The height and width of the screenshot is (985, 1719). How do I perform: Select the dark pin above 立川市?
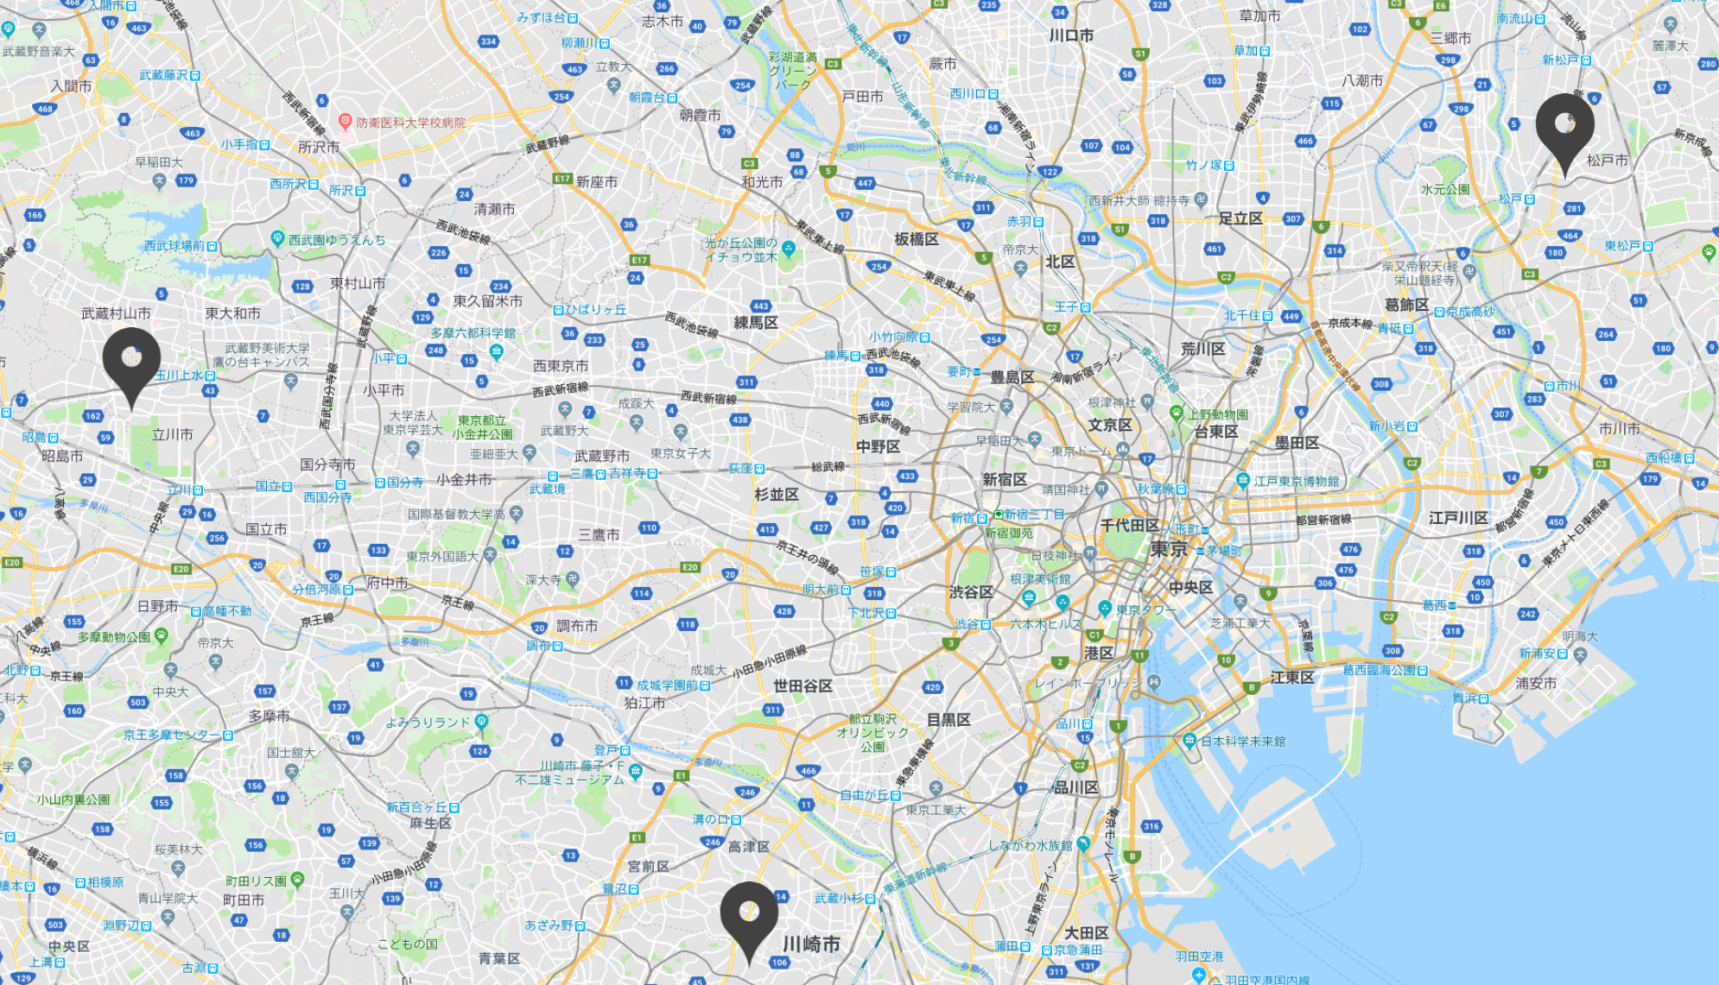131,360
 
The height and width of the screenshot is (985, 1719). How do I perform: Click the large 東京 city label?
1169,549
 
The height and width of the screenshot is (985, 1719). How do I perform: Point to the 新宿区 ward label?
1005,479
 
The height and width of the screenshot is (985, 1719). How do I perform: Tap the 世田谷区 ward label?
802,685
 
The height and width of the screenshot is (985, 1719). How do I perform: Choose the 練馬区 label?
756,322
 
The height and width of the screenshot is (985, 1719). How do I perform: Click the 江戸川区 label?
1458,518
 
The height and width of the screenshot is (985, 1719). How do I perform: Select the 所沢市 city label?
319,147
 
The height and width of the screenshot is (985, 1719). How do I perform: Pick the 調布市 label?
577,626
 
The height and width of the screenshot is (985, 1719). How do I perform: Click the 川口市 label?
1071,35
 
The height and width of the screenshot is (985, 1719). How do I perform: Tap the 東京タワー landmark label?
1145,609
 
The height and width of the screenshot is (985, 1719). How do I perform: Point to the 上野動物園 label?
1217,414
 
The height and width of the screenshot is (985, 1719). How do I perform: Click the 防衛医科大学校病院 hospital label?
410,123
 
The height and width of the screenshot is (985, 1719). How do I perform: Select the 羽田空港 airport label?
1199,957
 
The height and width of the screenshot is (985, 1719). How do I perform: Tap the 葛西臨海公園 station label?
1379,670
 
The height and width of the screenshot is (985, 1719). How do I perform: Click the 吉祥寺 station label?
627,473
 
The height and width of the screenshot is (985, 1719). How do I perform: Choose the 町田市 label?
244,900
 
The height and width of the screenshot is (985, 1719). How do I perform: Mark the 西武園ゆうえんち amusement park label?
337,239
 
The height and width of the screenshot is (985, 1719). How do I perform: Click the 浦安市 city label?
1536,683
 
